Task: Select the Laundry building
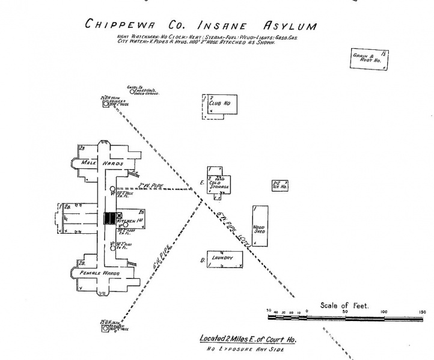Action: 224,258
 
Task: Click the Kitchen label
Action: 127,222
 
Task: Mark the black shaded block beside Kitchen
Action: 110,218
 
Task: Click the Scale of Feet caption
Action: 345,305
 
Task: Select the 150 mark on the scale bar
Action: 422,312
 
